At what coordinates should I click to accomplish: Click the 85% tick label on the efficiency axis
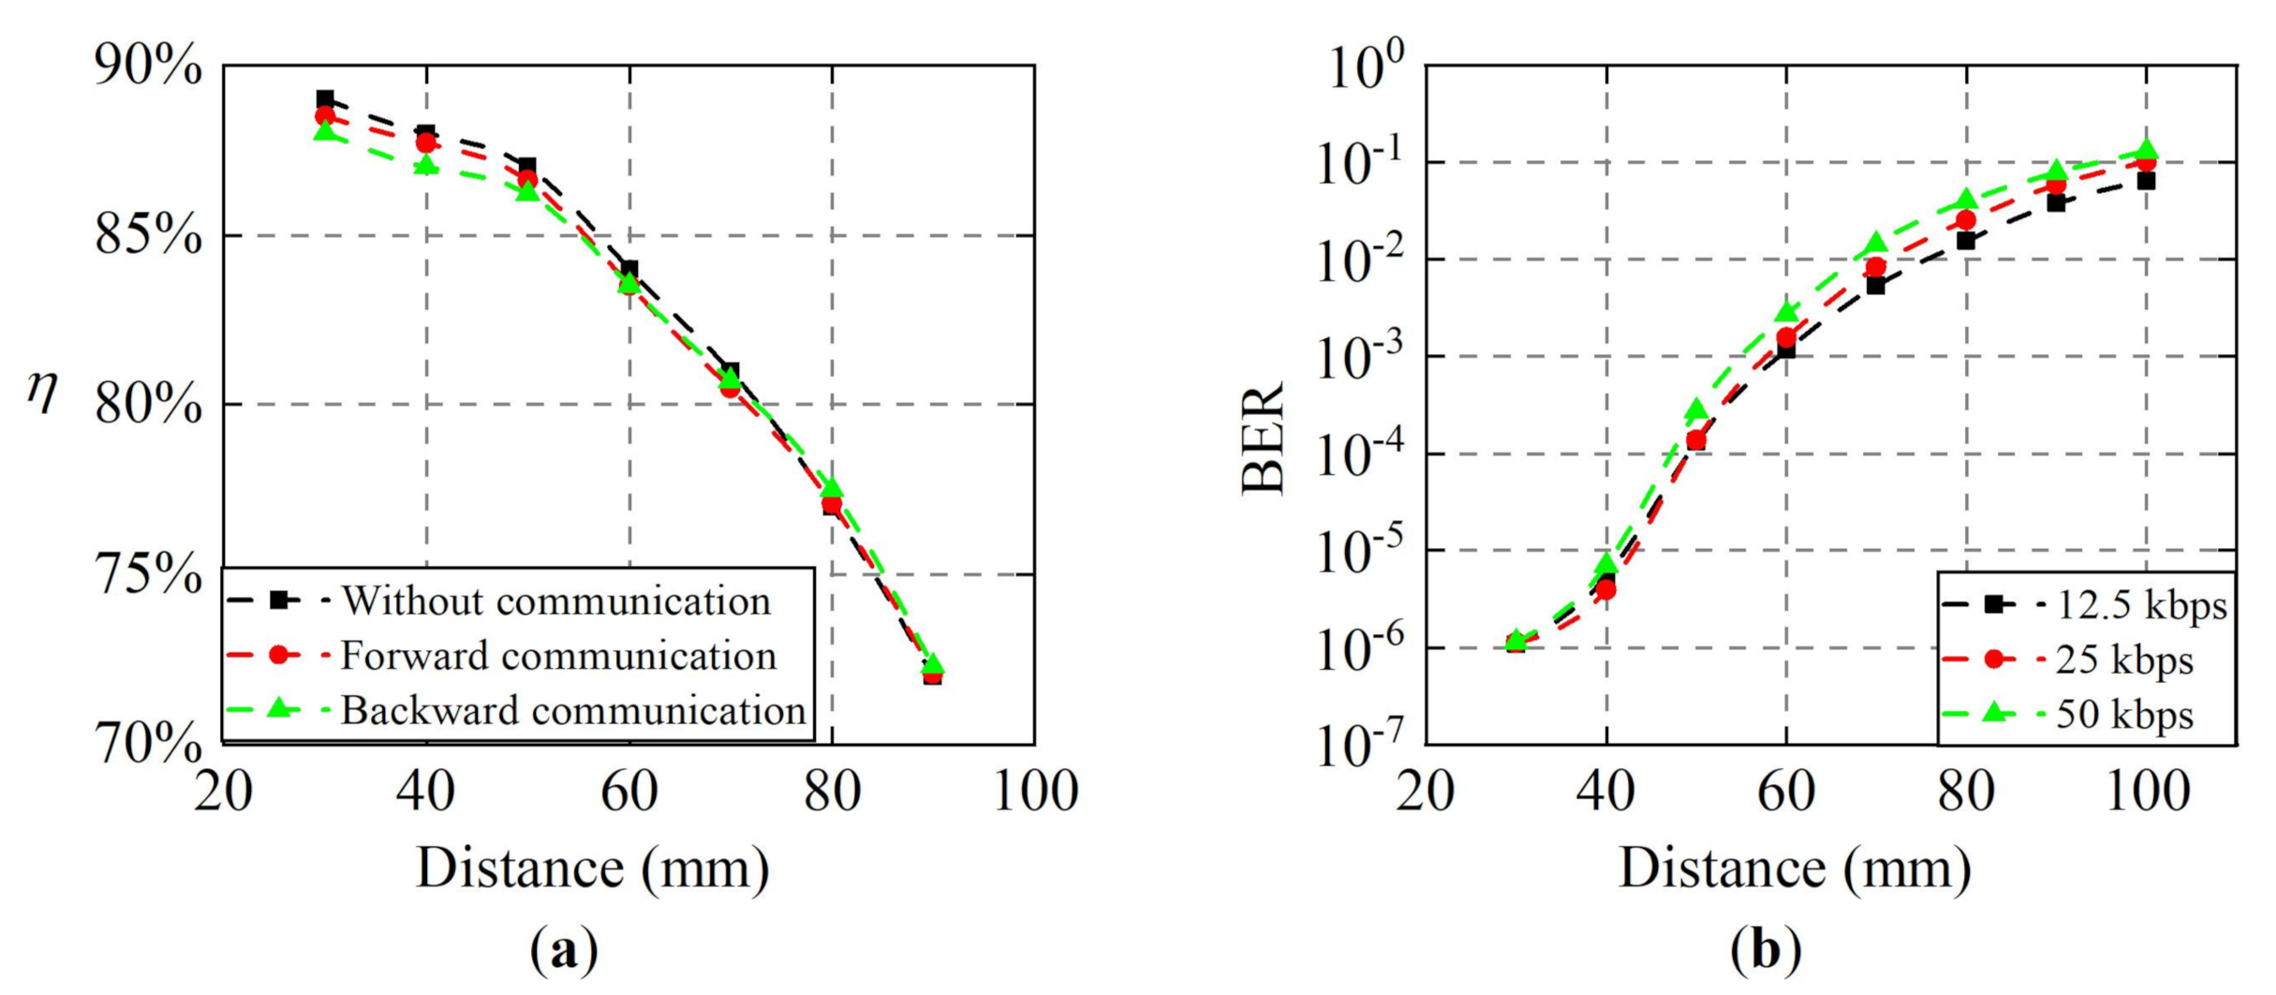(x=148, y=236)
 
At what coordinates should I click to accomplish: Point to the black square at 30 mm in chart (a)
(x=325, y=98)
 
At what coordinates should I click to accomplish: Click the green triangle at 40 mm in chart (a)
(x=426, y=165)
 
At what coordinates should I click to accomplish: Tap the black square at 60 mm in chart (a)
(x=629, y=270)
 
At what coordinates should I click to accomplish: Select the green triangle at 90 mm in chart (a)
(x=933, y=664)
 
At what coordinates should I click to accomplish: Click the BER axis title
(x=1264, y=438)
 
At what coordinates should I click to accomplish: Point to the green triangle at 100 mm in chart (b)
(x=2146, y=149)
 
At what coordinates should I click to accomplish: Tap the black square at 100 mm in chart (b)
(x=2146, y=181)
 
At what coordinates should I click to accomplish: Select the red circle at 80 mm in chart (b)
(x=1966, y=220)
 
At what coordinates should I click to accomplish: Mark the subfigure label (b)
(x=1765, y=951)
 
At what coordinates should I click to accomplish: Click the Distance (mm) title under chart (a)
(x=592, y=869)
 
